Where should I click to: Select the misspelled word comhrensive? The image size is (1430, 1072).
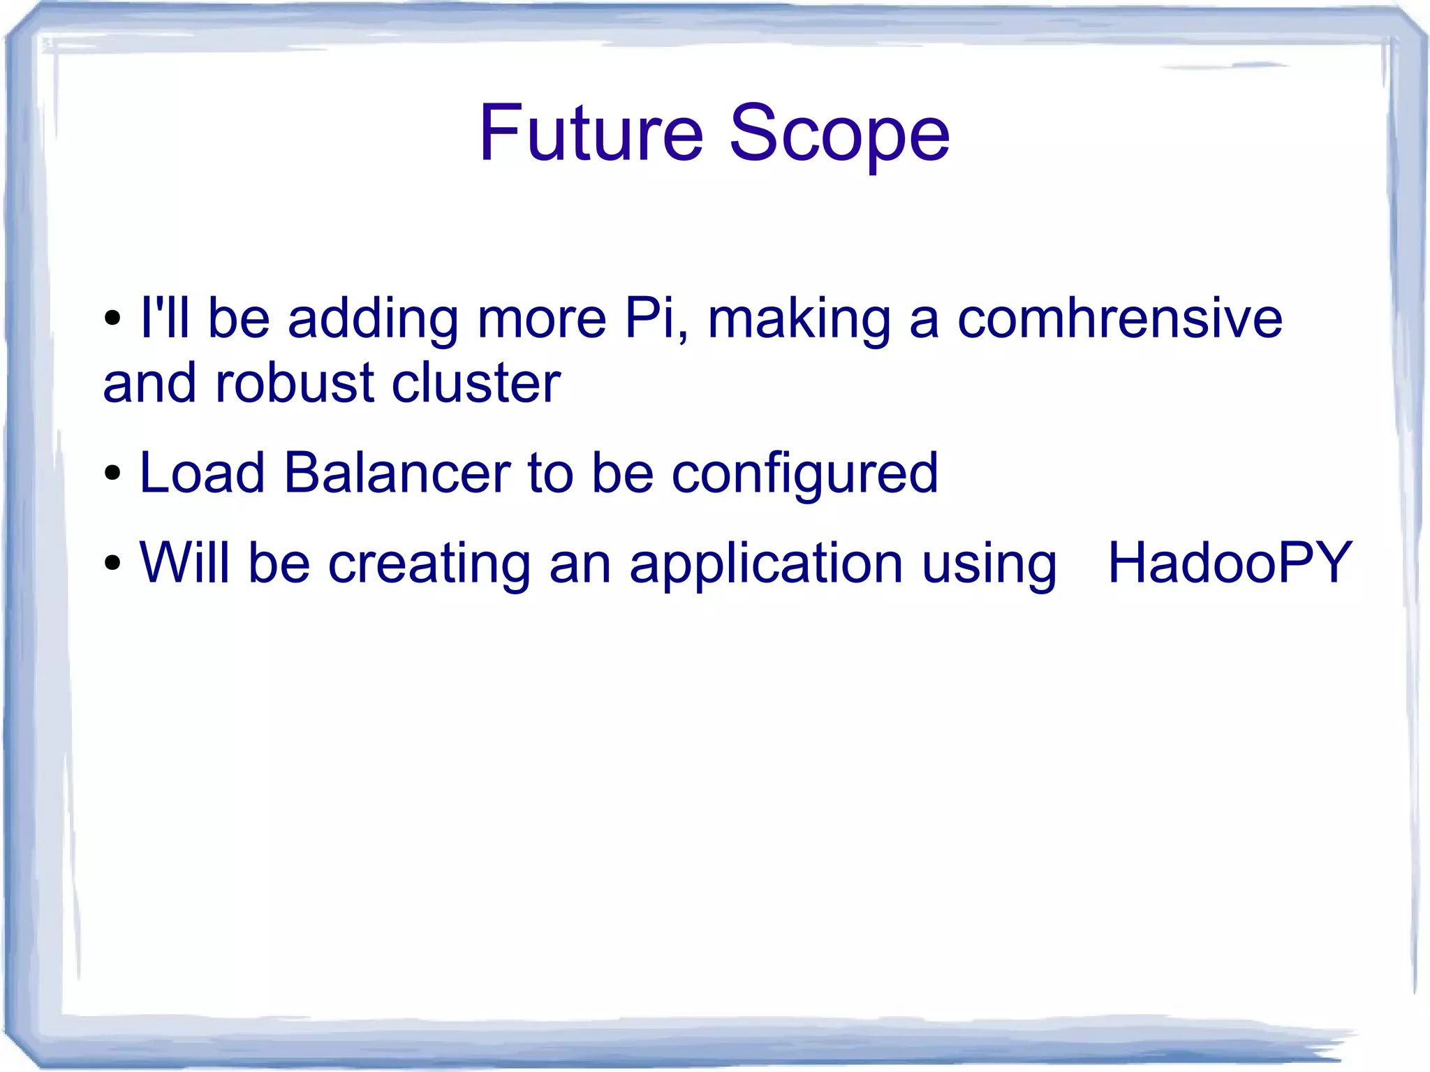click(1119, 318)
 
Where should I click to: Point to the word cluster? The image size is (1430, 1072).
click(476, 383)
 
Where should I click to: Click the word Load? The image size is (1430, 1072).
click(202, 473)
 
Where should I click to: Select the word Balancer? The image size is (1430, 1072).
click(397, 473)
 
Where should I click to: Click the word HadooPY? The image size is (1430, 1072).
click(1230, 563)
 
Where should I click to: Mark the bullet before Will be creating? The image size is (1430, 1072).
click(112, 564)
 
